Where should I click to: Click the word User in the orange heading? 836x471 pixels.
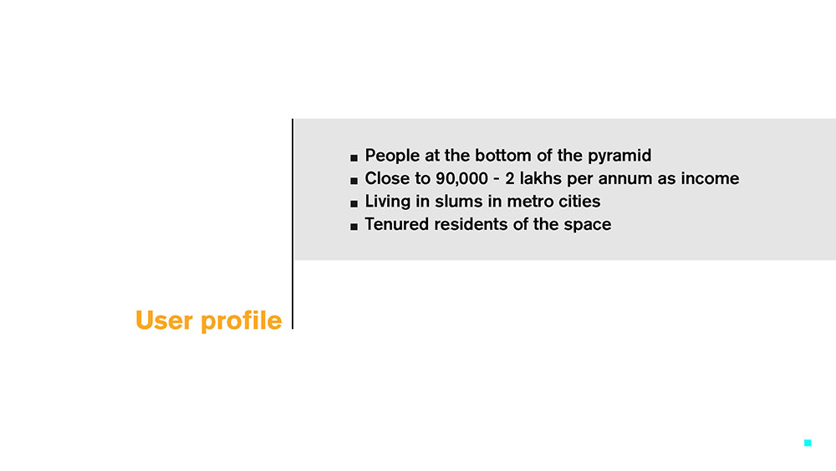point(164,320)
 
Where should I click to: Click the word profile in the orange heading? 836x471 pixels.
point(241,321)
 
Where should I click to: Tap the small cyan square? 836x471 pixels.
point(808,443)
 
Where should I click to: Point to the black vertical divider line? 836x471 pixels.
point(293,224)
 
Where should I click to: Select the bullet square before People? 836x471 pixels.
point(354,157)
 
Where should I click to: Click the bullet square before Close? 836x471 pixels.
point(354,181)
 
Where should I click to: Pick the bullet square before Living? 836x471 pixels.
point(354,204)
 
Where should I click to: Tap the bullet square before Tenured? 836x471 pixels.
point(354,227)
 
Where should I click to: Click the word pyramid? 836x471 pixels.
point(619,156)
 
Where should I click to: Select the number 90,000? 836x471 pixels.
point(461,179)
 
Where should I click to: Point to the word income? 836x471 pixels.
point(710,178)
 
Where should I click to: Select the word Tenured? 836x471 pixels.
point(397,224)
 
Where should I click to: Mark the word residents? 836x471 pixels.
point(472,224)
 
